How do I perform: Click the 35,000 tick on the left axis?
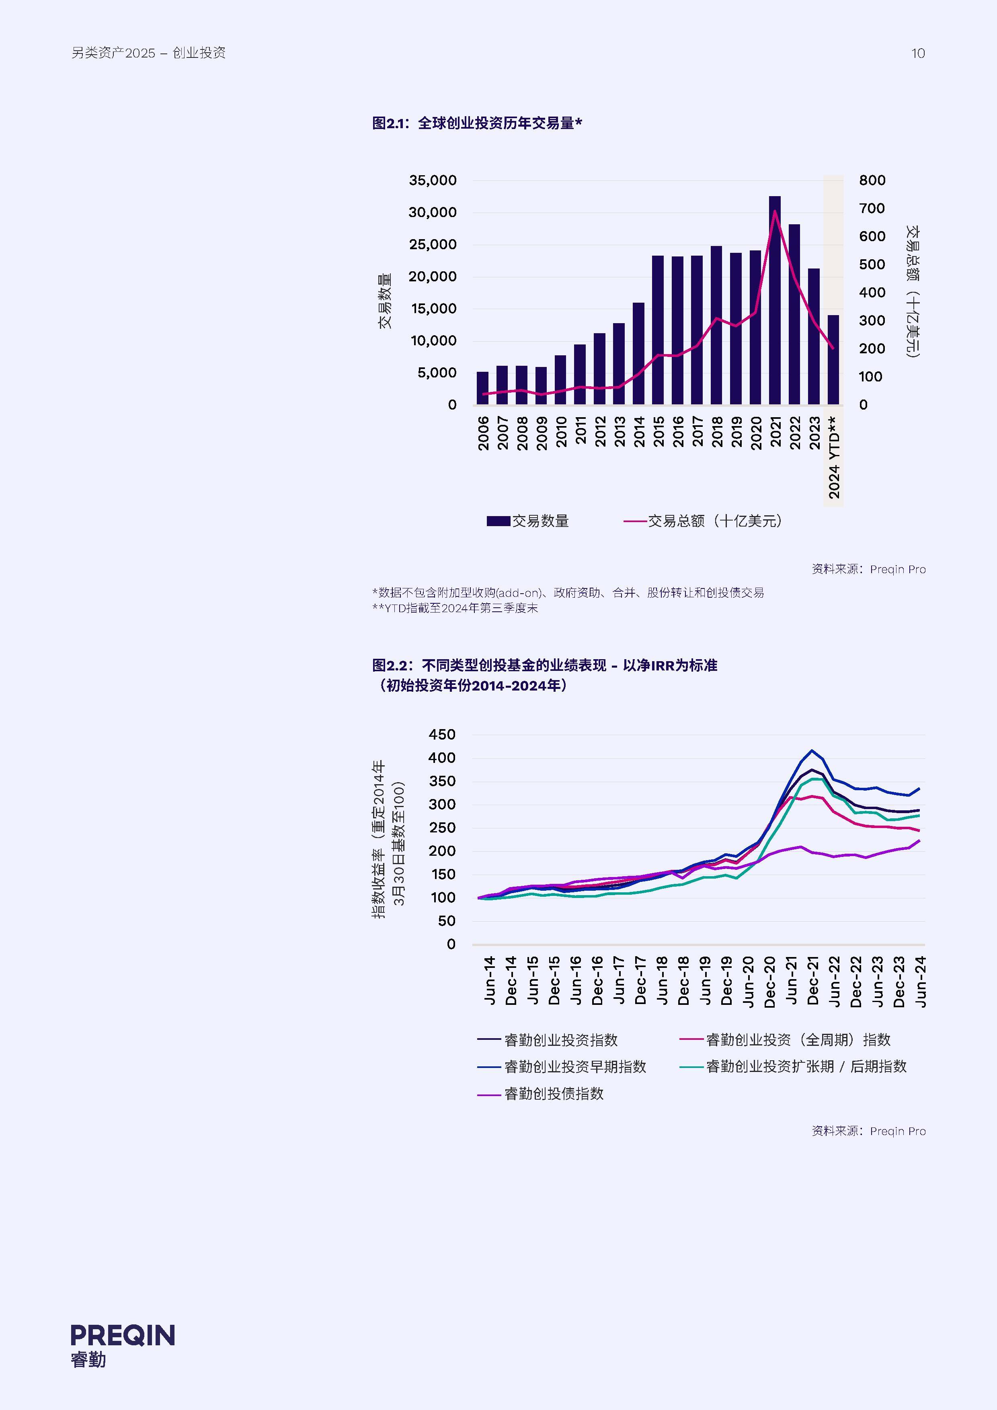433,180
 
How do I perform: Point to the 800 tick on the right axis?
872,180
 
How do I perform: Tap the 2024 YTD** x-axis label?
834,457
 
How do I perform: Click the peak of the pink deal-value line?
775,211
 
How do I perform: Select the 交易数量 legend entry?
528,521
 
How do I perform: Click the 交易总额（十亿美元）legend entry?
704,521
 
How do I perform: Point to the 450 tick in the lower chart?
442,734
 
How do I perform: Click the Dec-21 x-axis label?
813,981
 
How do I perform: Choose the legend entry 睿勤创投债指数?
541,1094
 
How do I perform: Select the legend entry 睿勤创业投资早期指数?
562,1067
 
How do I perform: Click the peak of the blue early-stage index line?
812,750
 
